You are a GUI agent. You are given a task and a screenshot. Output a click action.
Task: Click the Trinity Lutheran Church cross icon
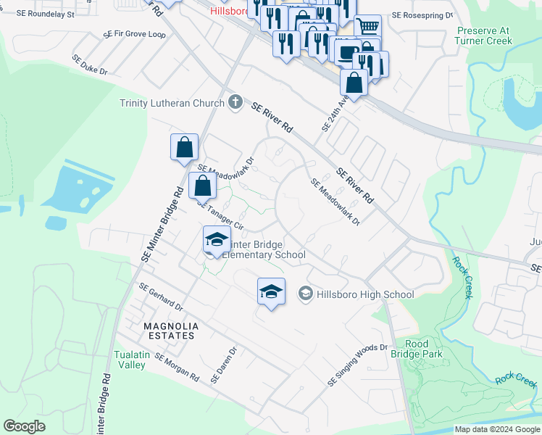235,103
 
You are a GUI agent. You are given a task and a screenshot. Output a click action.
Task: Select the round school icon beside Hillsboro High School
305,294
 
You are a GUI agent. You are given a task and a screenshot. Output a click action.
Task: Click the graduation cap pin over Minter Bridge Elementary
216,239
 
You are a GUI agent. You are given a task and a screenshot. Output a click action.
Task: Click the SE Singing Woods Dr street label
359,365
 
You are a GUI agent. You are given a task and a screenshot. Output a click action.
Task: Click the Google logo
24,426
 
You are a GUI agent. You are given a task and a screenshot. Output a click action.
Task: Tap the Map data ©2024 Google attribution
496,429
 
